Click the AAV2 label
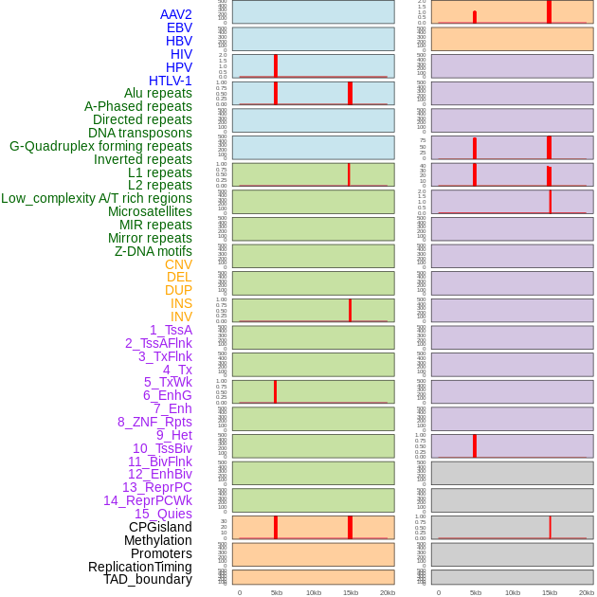[176, 14]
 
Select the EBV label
[179, 27]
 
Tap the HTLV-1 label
[171, 81]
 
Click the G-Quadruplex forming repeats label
[100, 146]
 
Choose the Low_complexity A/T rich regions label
[97, 198]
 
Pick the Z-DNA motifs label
[154, 251]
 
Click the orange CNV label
[178, 264]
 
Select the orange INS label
[181, 303]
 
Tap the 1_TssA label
[171, 330]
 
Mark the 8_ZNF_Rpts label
[154, 422]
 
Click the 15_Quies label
[163, 514]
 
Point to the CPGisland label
[160, 527]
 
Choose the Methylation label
[158, 540]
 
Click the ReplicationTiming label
[140, 567]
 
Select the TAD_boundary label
[148, 579]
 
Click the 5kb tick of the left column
[277, 592]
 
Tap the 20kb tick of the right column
[587, 592]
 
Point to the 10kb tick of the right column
[513, 592]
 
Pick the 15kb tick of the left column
[351, 592]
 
